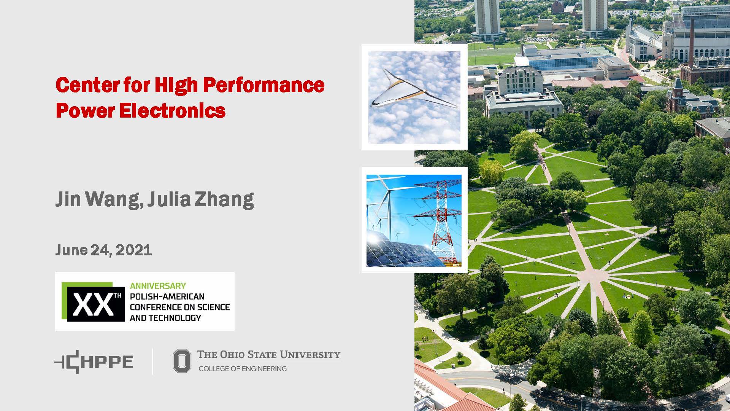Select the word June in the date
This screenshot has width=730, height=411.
[x=71, y=250]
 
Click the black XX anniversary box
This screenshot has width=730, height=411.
[x=96, y=304]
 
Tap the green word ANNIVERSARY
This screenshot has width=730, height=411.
[x=158, y=286]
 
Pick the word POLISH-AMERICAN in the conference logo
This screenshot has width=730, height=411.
[x=167, y=296]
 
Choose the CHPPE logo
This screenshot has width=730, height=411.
[x=94, y=362]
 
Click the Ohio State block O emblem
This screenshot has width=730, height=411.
[x=182, y=361]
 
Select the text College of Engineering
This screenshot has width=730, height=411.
[x=243, y=368]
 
